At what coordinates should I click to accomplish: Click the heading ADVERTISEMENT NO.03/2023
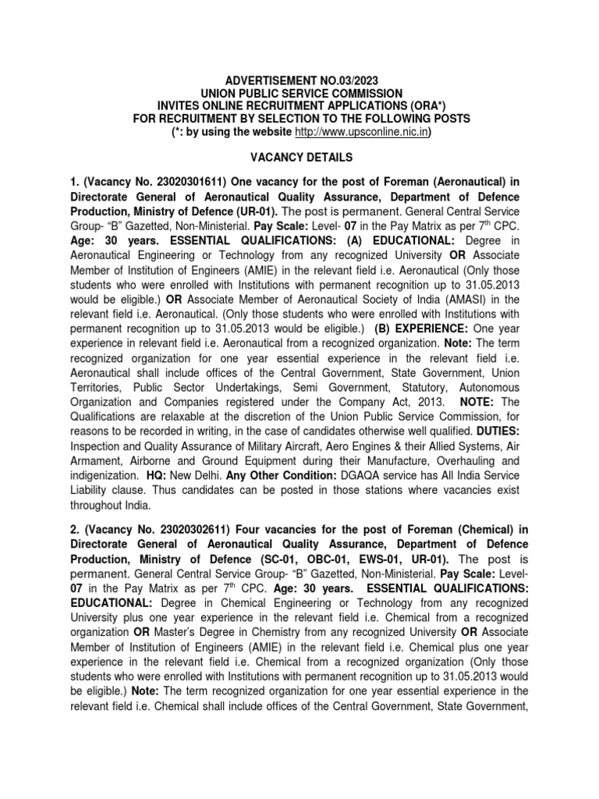click(x=299, y=80)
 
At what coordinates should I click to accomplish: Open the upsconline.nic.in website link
click(x=356, y=132)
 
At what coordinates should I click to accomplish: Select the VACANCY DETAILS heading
click(x=299, y=157)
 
